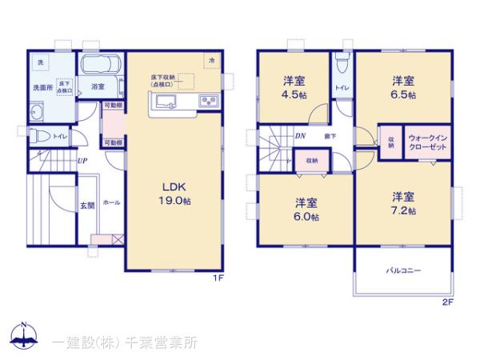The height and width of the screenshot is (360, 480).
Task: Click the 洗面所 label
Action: pos(42,86)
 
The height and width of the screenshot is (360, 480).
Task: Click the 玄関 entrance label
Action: pos(87,205)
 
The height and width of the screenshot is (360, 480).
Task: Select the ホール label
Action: pos(111,203)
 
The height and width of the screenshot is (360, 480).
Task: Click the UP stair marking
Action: pos(82,161)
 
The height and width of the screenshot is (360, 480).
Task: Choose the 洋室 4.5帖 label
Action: pos(294,86)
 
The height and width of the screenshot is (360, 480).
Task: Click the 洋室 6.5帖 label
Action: pos(402,86)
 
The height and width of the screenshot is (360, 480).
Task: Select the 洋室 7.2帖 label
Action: pos(402,202)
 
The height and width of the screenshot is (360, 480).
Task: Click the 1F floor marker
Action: pos(217,278)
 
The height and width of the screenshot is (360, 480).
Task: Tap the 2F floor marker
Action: pos(447,302)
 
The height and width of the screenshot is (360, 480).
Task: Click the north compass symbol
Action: pos(24,335)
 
